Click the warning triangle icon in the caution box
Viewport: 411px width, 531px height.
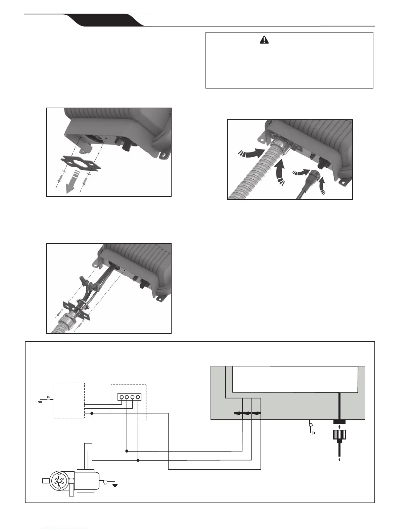pos(265,40)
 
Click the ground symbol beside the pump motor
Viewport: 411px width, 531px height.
pos(115,484)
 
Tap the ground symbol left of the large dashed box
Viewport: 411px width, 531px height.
pos(40,401)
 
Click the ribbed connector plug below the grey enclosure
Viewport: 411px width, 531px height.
pos(340,435)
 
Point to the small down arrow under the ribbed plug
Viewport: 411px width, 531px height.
pos(340,460)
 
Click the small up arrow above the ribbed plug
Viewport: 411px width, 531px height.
pos(340,426)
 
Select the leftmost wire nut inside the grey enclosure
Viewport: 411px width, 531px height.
pos(237,414)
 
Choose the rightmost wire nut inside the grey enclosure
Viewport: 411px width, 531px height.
pos(256,414)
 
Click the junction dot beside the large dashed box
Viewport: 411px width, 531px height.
pos(92,413)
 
